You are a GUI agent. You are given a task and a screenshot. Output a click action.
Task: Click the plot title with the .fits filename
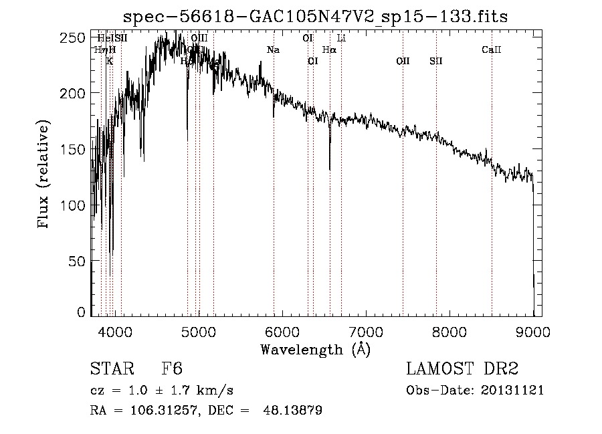316,16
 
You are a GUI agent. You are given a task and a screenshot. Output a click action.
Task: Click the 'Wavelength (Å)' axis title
315,349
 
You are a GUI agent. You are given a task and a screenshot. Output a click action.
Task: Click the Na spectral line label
273,50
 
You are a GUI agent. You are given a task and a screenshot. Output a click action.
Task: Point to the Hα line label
329,50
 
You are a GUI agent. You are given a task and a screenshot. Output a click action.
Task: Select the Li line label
341,39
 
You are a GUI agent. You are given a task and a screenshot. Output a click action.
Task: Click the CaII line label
492,50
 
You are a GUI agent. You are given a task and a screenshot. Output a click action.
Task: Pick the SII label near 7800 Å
436,62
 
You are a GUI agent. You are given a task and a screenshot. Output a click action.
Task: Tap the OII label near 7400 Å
403,62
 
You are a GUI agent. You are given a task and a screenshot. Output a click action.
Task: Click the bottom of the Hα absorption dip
330,168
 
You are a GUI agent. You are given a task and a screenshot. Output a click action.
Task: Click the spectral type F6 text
171,370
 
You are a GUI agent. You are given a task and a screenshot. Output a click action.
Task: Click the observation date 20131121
514,391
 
